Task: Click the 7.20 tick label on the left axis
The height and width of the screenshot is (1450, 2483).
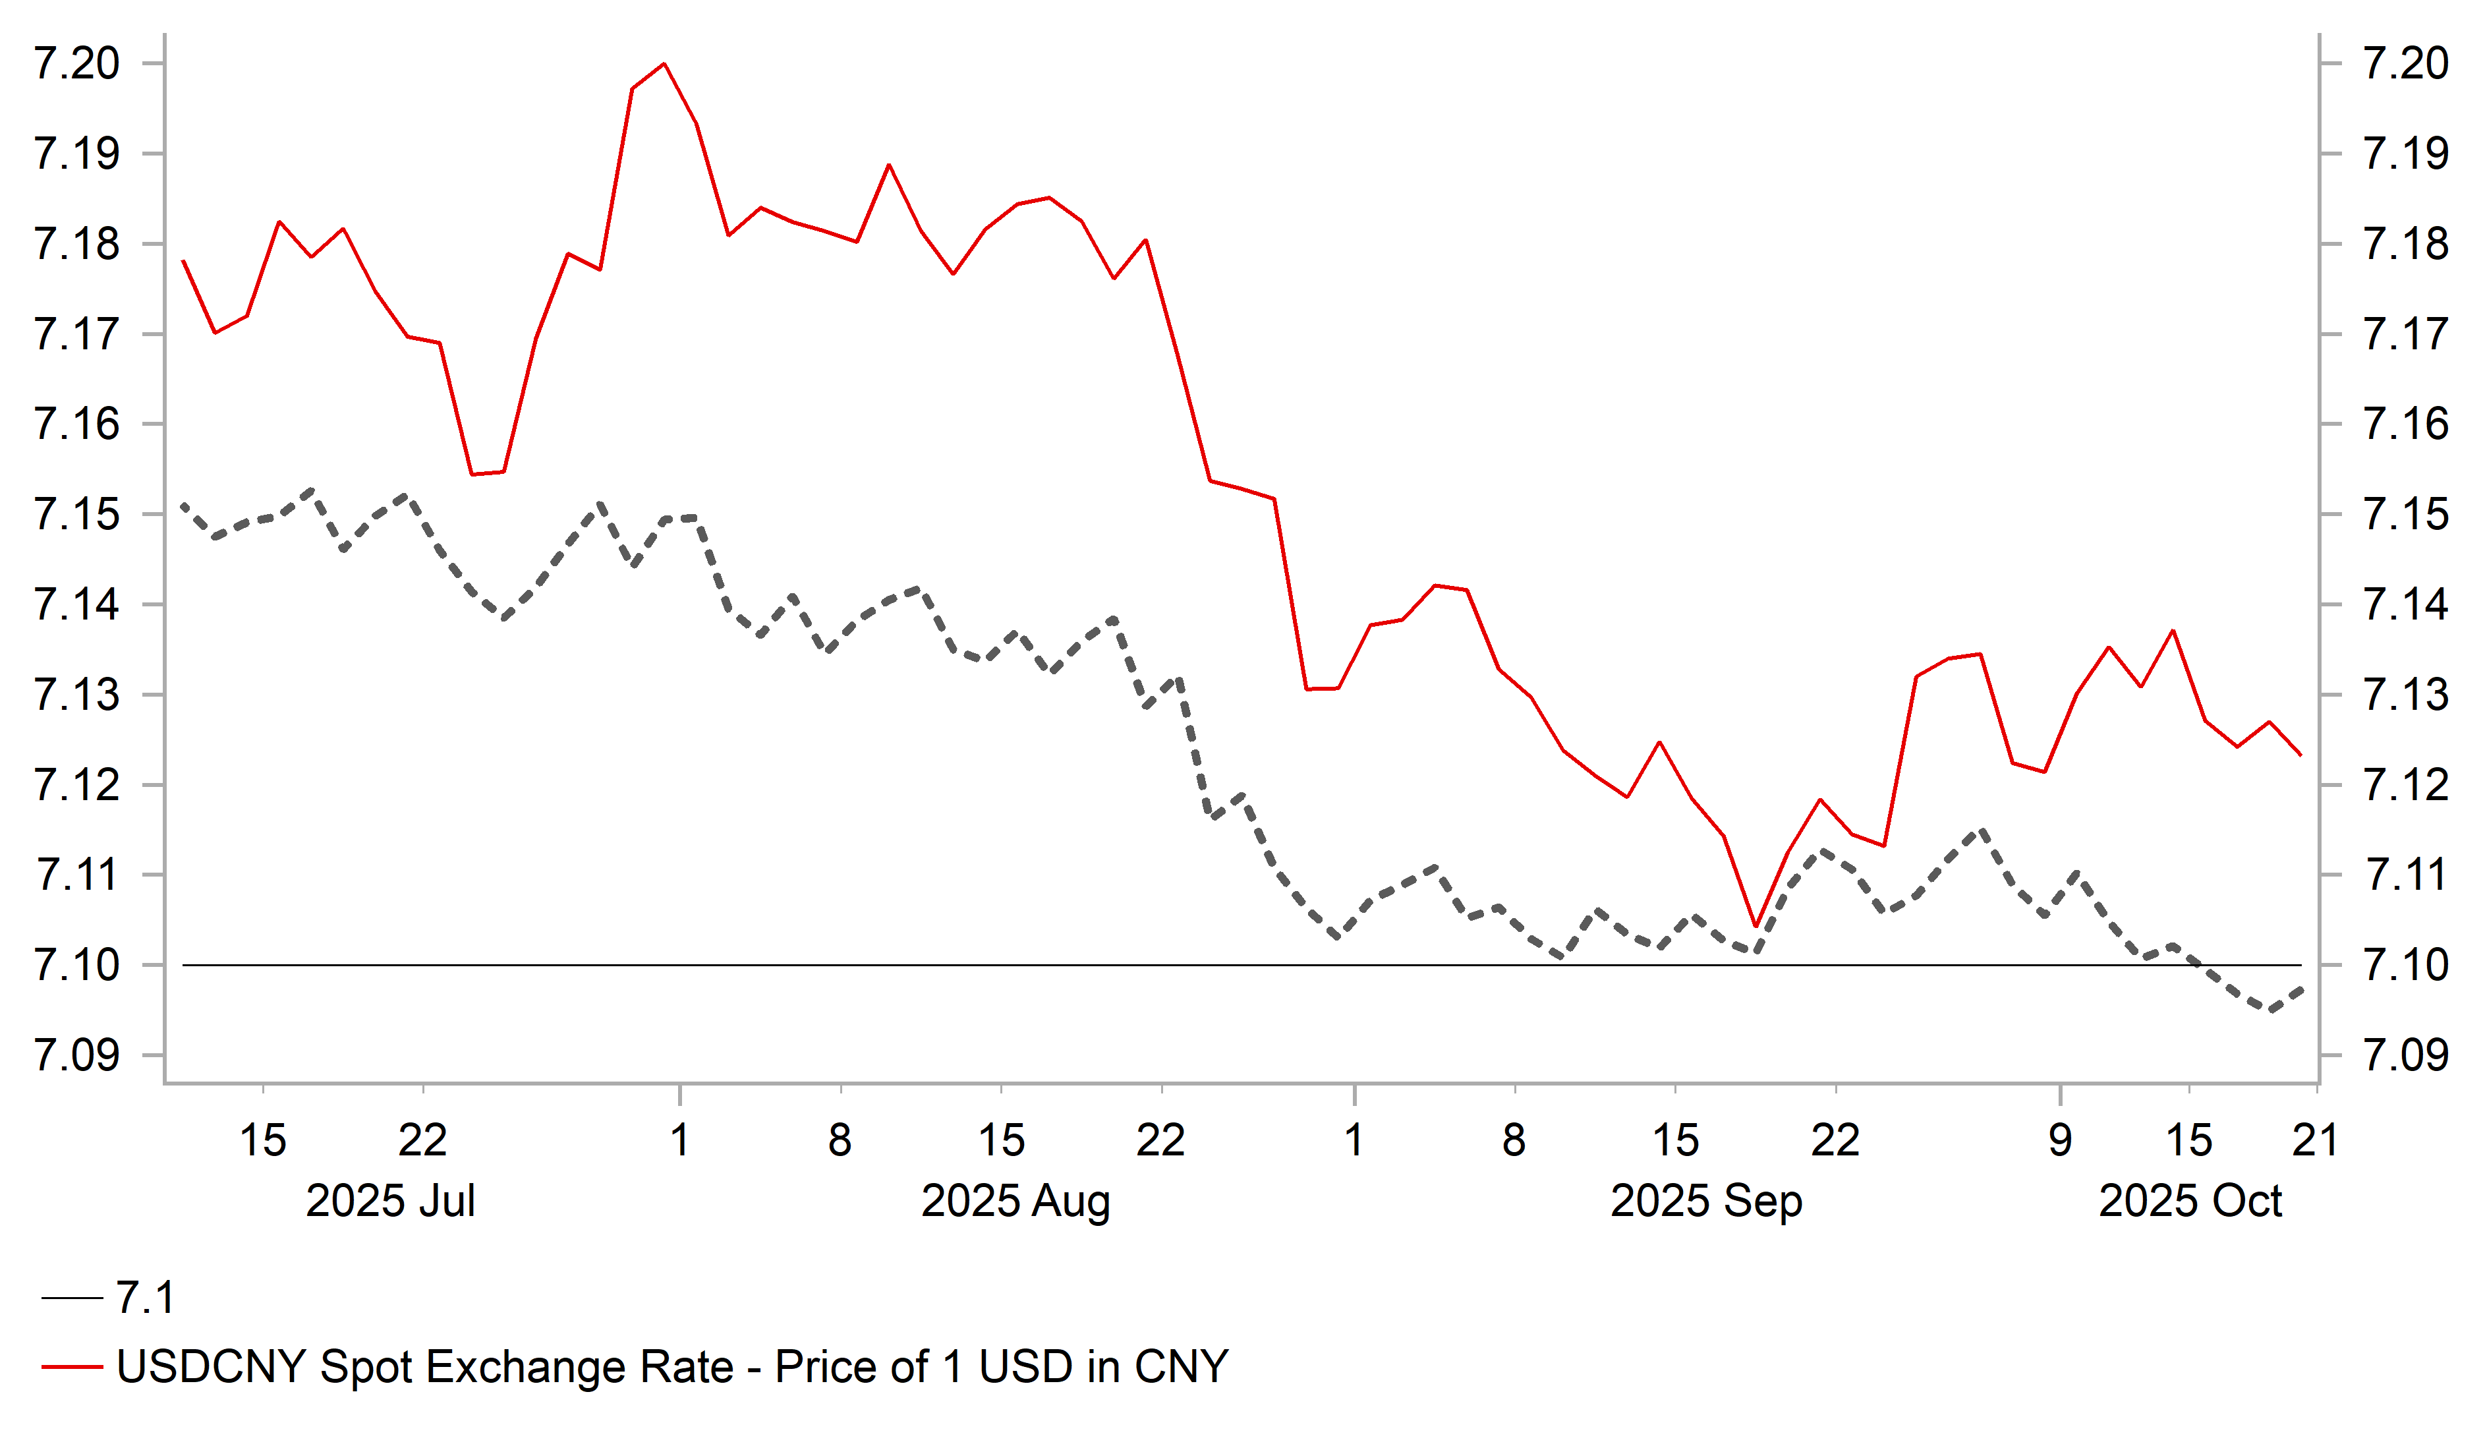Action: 77,63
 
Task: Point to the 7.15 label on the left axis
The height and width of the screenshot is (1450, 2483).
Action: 77,515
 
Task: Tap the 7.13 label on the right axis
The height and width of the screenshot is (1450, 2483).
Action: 2405,695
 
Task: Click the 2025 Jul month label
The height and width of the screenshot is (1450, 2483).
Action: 390,1201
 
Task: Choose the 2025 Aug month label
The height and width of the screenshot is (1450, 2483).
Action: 1015,1201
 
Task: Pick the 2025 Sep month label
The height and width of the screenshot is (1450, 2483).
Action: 1705,1201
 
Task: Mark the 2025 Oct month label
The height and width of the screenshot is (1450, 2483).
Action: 2189,1201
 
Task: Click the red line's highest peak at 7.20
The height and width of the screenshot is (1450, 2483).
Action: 664,64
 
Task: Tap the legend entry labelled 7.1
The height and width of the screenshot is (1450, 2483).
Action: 145,1297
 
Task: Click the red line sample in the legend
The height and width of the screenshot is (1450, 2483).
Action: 72,1367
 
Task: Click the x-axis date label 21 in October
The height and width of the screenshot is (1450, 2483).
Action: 2314,1140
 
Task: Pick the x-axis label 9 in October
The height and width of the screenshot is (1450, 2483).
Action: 2059,1140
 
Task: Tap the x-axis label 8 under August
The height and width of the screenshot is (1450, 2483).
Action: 840,1140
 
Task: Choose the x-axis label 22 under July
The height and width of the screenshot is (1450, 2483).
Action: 422,1140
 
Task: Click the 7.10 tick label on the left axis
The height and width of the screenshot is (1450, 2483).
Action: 77,965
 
